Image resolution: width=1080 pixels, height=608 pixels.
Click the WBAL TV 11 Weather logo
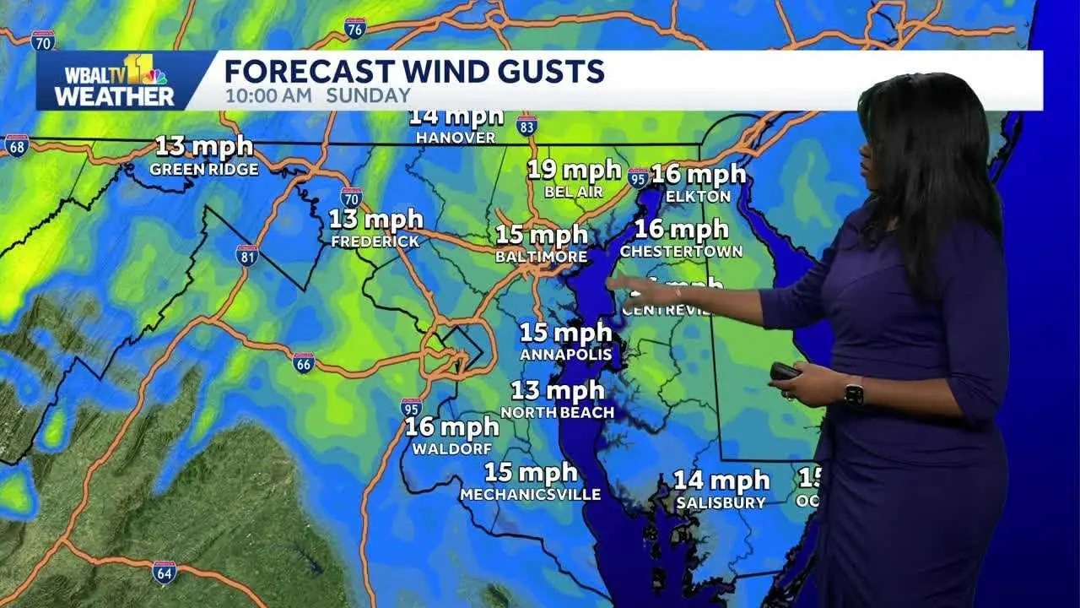(115, 81)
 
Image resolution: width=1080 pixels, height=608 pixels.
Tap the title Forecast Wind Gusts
(414, 71)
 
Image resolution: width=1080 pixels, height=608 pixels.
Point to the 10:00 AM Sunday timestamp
(317, 95)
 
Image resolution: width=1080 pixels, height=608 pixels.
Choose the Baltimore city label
(541, 256)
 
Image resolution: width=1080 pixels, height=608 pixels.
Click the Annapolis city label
(564, 355)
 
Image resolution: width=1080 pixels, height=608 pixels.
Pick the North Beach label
(556, 413)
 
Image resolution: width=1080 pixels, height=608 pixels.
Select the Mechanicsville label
(530, 495)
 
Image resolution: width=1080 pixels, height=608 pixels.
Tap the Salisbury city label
(721, 503)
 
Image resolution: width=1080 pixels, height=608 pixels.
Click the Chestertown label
(681, 251)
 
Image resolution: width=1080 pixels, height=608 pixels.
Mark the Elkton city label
(697, 196)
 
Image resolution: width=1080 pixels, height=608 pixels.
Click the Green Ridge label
(203, 169)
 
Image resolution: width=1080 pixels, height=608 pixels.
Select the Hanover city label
(456, 137)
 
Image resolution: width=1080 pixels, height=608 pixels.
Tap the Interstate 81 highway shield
(247, 256)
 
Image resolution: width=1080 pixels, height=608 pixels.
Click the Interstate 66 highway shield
(304, 363)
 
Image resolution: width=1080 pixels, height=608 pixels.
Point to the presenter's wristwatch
(853, 392)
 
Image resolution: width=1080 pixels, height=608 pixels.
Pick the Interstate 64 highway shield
(165, 573)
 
